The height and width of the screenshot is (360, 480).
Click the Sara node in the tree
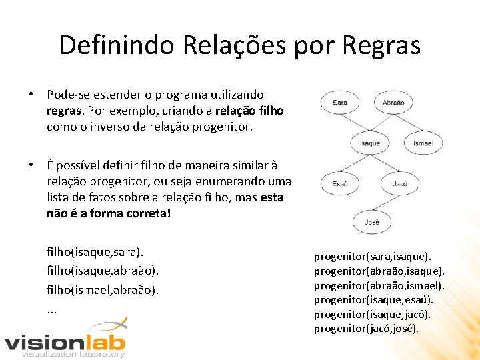(340, 103)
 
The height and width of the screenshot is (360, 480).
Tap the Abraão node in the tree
(393, 103)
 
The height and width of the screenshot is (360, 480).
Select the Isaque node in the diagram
(369, 143)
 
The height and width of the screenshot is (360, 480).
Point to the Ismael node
(423, 143)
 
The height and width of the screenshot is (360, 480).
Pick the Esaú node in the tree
(340, 183)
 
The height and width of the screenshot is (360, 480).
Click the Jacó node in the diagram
(400, 183)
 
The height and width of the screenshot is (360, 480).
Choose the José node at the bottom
(371, 222)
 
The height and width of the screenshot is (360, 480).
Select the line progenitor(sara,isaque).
(373, 256)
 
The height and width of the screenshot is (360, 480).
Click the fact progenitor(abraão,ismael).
(379, 285)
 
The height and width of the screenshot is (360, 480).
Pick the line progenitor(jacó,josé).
(367, 329)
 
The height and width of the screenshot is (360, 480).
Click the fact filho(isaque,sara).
(95, 252)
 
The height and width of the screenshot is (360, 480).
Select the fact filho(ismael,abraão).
(103, 289)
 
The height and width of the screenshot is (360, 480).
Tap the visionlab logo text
(65, 343)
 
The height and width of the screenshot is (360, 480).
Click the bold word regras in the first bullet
(64, 110)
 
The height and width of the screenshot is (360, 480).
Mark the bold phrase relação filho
(249, 110)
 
